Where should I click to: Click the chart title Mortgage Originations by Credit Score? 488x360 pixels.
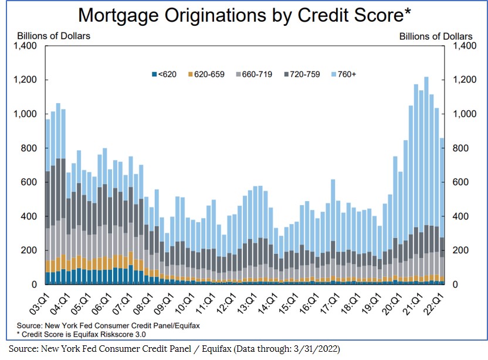pos(244,15)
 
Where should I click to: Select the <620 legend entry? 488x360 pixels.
pos(165,74)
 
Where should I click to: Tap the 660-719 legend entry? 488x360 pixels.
pos(253,74)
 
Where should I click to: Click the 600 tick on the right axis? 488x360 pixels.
pos(459,182)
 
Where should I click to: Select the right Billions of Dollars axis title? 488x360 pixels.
pos(436,36)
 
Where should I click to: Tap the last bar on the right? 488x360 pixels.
pos(442,211)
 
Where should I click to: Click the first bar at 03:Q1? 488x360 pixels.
pos(47,199)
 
